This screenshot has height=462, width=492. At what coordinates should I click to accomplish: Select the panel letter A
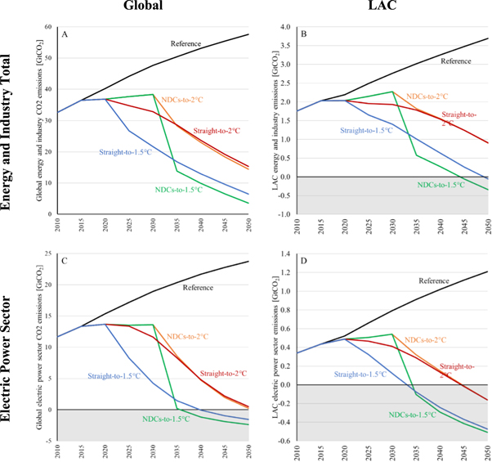pos(65,34)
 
